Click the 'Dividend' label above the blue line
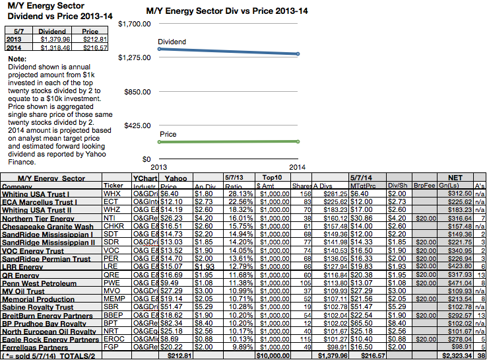point(172,42)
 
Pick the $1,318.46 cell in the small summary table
point(52,48)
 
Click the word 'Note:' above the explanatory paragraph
point(16,59)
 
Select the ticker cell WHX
point(112,194)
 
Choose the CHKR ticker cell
point(113,227)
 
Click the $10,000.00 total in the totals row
point(271,355)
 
